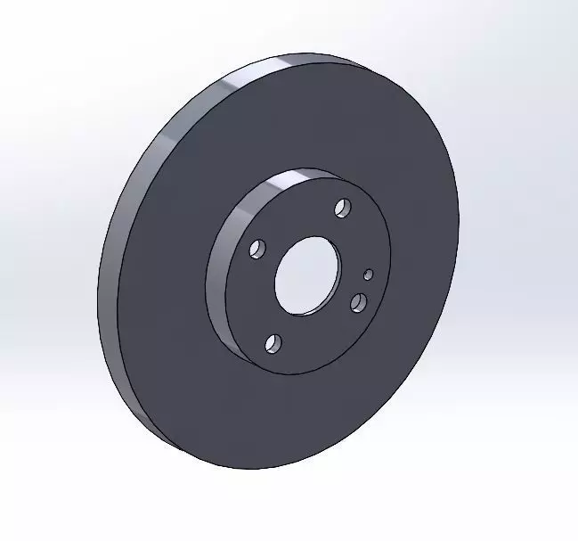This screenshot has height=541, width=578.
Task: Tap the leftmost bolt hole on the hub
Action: [257, 249]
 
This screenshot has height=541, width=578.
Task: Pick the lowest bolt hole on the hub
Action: [273, 343]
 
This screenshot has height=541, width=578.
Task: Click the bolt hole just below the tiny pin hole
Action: [359, 303]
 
